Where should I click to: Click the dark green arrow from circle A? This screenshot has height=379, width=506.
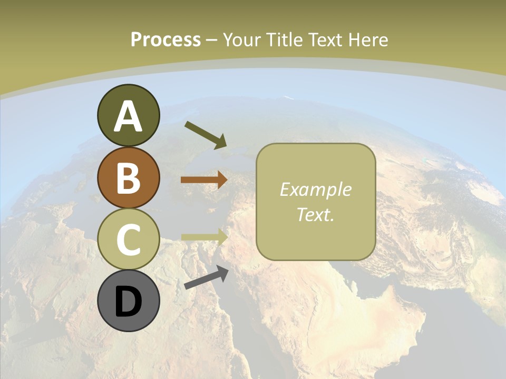206,134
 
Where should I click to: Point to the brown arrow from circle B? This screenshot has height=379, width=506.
204,179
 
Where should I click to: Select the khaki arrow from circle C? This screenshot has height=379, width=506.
204,237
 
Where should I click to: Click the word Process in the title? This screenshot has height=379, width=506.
166,40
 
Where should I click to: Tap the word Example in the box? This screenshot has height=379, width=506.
315,189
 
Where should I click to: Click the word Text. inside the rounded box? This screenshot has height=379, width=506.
315,214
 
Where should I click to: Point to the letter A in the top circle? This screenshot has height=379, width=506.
128,117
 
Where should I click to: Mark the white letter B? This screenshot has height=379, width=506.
128,178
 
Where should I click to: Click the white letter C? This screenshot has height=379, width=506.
128,240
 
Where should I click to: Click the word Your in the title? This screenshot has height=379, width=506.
243,40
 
